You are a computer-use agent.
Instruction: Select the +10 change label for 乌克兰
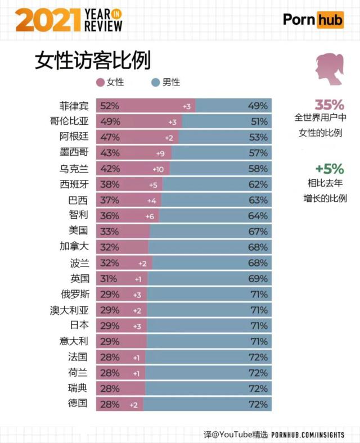pyautogui.click(x=158, y=169)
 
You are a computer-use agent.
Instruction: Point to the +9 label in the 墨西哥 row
pyautogui.click(x=160, y=153)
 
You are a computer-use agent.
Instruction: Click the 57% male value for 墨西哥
pyautogui.click(x=258, y=153)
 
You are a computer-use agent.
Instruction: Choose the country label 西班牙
pyautogui.click(x=74, y=184)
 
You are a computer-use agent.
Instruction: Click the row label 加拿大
pyautogui.click(x=74, y=247)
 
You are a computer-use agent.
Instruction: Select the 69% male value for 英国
pyautogui.click(x=258, y=278)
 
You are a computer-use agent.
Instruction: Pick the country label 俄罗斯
pyautogui.click(x=74, y=293)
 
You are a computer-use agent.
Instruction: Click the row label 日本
pyautogui.click(x=79, y=325)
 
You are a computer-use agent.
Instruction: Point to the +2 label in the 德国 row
pyautogui.click(x=133, y=404)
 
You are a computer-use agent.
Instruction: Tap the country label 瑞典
pyautogui.click(x=79, y=388)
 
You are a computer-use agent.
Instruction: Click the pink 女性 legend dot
pyautogui.click(x=100, y=82)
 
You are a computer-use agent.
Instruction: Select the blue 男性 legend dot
pyautogui.click(x=156, y=82)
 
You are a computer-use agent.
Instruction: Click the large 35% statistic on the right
pyautogui.click(x=329, y=105)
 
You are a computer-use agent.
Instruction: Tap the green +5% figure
pyautogui.click(x=329, y=169)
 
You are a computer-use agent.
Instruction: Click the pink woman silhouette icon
pyautogui.click(x=328, y=70)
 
